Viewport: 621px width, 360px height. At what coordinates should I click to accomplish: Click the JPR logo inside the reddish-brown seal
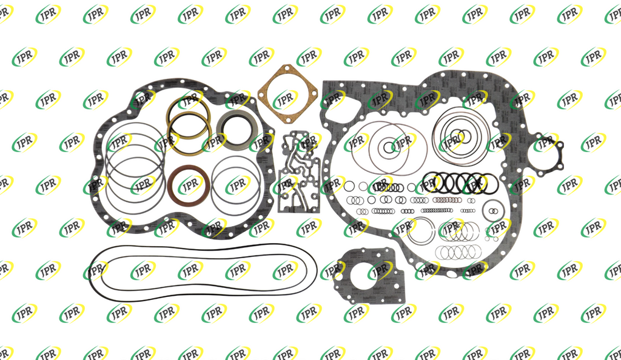point(190,185)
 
